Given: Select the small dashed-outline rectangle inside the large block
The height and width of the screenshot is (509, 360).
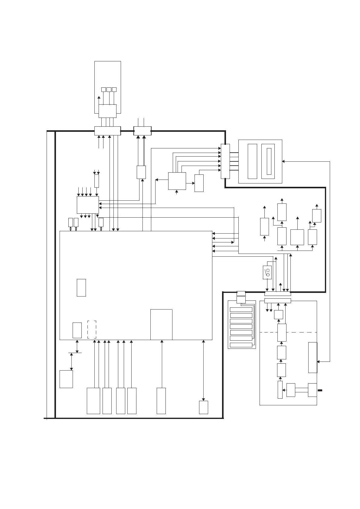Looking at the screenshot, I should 92,329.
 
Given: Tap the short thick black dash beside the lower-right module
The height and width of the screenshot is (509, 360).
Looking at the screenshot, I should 320,391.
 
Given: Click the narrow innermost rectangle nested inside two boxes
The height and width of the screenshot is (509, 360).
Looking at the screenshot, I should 269,161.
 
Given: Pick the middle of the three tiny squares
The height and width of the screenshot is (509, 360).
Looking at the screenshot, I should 109,89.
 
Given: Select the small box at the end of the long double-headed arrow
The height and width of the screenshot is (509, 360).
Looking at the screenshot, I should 204,407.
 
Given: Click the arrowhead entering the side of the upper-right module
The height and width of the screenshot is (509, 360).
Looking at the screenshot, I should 283,161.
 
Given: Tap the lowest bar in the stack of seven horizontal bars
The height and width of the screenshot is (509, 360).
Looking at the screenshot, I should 241,345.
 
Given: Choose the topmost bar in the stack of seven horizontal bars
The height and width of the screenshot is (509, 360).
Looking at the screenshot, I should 241,310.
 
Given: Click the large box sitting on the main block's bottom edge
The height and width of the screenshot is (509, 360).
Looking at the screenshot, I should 161,325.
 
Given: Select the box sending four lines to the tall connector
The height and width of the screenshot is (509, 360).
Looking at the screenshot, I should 177,181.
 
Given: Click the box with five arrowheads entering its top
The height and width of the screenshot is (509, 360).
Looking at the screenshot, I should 88,205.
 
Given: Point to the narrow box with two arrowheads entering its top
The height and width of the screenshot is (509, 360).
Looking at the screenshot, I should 97,181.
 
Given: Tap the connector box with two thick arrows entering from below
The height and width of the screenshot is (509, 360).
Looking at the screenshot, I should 142,131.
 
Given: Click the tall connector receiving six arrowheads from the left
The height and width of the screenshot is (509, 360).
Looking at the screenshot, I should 225,161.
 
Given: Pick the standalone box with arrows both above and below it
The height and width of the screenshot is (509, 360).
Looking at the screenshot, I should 264,226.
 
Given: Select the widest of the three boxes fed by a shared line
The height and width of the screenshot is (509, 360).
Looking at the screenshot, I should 297,237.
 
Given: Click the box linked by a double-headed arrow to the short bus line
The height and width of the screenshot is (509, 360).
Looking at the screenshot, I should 66,379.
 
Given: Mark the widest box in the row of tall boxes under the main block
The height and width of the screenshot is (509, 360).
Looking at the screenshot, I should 93,401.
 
